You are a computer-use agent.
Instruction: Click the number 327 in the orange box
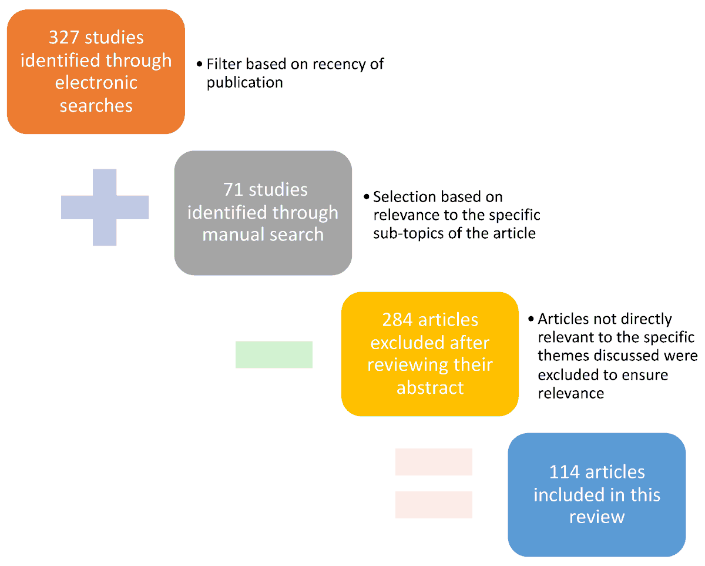tap(64, 37)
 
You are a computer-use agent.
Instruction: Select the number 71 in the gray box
tap(233, 189)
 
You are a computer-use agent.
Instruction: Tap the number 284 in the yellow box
tap(397, 320)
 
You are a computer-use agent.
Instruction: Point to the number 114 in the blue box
tap(565, 472)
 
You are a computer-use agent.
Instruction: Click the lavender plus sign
tap(105, 207)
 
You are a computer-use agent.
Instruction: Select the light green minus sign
tap(274, 354)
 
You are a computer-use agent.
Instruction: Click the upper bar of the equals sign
tap(434, 462)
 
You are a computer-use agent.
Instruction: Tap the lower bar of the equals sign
tap(434, 505)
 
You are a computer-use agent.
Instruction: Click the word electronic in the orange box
tap(96, 82)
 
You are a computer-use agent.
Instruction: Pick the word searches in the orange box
tap(96, 106)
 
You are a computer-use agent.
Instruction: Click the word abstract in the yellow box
tap(430, 388)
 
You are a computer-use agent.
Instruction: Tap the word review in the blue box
tap(597, 517)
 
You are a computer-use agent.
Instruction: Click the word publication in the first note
tap(245, 83)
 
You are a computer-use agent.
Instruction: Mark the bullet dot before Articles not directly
tap(531, 319)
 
